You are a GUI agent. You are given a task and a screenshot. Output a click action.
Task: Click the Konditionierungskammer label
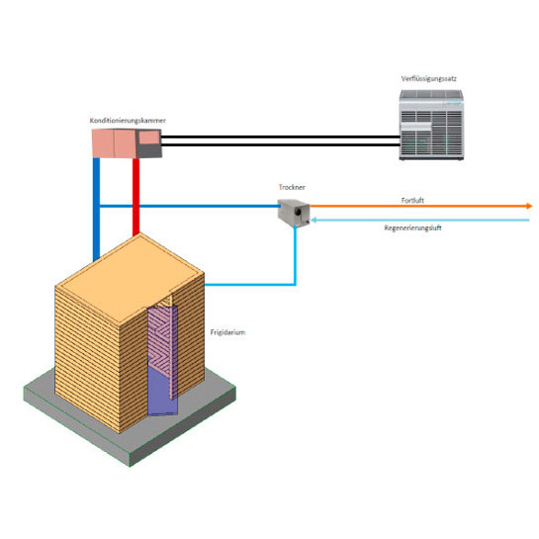[x=128, y=121]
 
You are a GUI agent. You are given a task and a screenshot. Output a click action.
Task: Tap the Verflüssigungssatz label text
[x=428, y=79]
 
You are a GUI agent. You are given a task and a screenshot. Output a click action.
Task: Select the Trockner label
[x=292, y=187]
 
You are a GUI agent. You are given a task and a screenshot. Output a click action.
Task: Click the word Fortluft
[x=412, y=201]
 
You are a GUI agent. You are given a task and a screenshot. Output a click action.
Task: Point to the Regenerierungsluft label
[x=412, y=227]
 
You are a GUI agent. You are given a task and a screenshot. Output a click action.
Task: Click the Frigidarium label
[x=227, y=332]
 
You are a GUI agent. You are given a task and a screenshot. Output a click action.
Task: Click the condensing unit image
[x=431, y=125]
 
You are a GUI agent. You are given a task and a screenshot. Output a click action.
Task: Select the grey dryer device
[x=294, y=213]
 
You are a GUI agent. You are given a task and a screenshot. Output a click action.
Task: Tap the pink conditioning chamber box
[x=127, y=143]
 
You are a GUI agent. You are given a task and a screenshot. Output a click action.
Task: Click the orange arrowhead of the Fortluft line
[x=529, y=207]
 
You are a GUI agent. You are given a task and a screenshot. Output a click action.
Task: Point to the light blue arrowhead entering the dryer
[x=314, y=220]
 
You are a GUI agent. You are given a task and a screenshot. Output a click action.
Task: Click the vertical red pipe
[x=136, y=196]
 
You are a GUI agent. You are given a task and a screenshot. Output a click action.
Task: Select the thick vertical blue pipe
[x=97, y=209]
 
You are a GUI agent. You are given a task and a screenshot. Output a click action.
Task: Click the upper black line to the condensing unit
[x=281, y=136]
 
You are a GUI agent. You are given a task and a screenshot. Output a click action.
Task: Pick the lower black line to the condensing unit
[x=281, y=144]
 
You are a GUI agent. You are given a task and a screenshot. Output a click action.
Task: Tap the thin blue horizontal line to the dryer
[x=189, y=207]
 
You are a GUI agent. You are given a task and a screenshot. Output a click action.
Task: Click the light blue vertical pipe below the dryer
[x=295, y=255]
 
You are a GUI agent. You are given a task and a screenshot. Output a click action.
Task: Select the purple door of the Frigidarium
[x=162, y=361]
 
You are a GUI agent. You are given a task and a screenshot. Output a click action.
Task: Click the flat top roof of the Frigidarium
[x=129, y=277]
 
